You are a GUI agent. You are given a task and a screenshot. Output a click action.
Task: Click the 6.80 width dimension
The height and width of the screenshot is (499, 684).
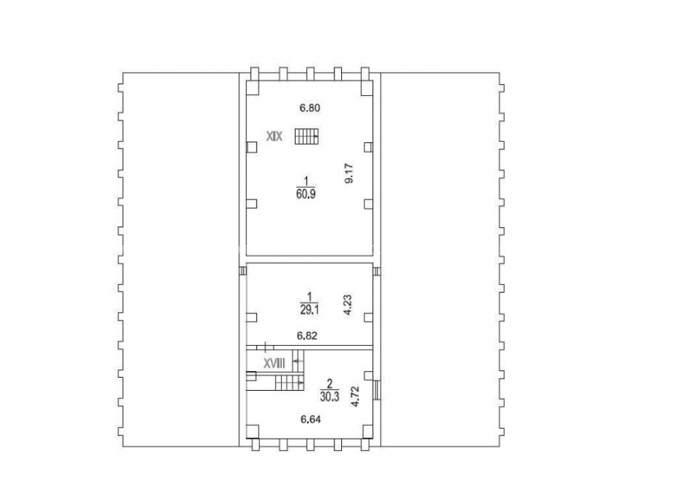pyautogui.click(x=310, y=108)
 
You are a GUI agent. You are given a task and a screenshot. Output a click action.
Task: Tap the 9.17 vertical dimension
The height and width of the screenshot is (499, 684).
pyautogui.click(x=349, y=173)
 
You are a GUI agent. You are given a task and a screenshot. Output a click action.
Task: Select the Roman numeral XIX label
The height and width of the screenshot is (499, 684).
pyautogui.click(x=275, y=137)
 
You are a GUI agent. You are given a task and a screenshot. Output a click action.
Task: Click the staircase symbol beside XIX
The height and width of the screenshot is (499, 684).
pyautogui.click(x=306, y=136)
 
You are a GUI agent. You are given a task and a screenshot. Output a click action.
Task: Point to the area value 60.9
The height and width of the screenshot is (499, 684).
pyautogui.click(x=306, y=194)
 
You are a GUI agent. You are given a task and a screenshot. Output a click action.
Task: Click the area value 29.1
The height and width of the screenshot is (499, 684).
pyautogui.click(x=309, y=309)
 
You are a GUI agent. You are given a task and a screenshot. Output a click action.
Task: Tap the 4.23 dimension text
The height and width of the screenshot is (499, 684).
pyautogui.click(x=347, y=305)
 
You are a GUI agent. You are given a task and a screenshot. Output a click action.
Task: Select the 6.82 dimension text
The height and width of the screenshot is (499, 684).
pyautogui.click(x=307, y=335)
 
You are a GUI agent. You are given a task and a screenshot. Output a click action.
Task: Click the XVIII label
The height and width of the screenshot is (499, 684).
pyautogui.click(x=274, y=363)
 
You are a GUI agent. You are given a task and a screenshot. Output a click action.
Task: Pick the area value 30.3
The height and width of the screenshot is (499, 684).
pyautogui.click(x=330, y=396)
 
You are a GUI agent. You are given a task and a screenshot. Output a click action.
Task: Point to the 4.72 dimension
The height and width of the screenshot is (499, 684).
pyautogui.click(x=356, y=396)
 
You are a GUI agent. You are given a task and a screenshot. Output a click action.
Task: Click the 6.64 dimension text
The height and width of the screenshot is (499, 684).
pyautogui.click(x=311, y=420)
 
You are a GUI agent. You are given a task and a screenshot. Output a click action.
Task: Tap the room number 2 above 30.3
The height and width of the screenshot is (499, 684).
pyautogui.click(x=330, y=384)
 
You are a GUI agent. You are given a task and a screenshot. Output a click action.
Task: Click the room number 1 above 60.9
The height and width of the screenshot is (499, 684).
pyautogui.click(x=306, y=181)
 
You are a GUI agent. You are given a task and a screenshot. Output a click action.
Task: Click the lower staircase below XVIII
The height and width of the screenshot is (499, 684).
pyautogui.click(x=289, y=383)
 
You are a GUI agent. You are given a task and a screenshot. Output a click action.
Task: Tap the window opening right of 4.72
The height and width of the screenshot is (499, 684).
pyautogui.click(x=378, y=389)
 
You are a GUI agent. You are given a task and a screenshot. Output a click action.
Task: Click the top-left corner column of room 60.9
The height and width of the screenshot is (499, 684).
pyautogui.click(x=252, y=88)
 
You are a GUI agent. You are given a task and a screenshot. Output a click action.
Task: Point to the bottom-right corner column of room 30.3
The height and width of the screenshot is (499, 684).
pyautogui.click(x=367, y=431)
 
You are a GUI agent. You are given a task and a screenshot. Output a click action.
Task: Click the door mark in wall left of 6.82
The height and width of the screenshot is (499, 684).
pyautogui.click(x=265, y=347)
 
